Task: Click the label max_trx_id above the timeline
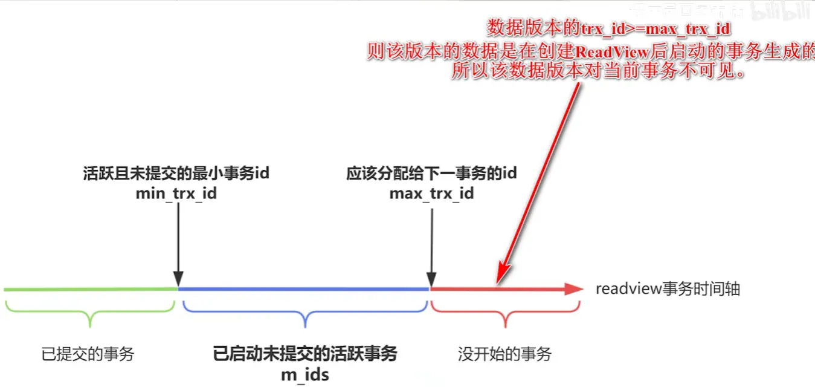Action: pyautogui.click(x=431, y=193)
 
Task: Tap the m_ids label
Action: pyautogui.click(x=305, y=374)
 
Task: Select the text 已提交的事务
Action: pyautogui.click(x=88, y=354)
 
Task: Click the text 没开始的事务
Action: pyautogui.click(x=505, y=354)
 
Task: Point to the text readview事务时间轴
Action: pyautogui.click(x=668, y=289)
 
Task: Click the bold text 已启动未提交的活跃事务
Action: pyautogui.click(x=305, y=354)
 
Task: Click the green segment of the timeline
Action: pyautogui.click(x=91, y=289)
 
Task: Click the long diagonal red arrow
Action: pyautogui.click(x=538, y=181)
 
